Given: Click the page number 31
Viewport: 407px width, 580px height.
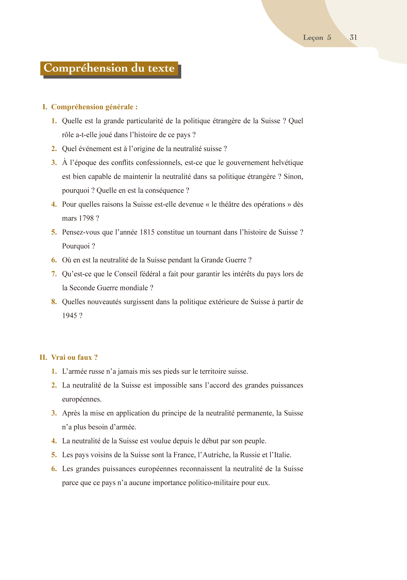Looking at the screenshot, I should click(x=353, y=37).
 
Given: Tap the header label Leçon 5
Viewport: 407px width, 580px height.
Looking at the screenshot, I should click(x=317, y=37).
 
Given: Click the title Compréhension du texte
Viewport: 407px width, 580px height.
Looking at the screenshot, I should click(x=109, y=68).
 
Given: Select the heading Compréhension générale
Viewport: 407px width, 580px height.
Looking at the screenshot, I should click(x=94, y=107).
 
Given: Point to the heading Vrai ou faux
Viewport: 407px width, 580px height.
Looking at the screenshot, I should click(x=74, y=357).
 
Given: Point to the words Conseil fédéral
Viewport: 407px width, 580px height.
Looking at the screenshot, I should click(x=137, y=274).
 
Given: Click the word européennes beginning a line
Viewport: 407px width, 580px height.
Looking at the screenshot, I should click(x=82, y=399).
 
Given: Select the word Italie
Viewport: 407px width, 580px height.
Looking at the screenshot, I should click(x=282, y=455).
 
